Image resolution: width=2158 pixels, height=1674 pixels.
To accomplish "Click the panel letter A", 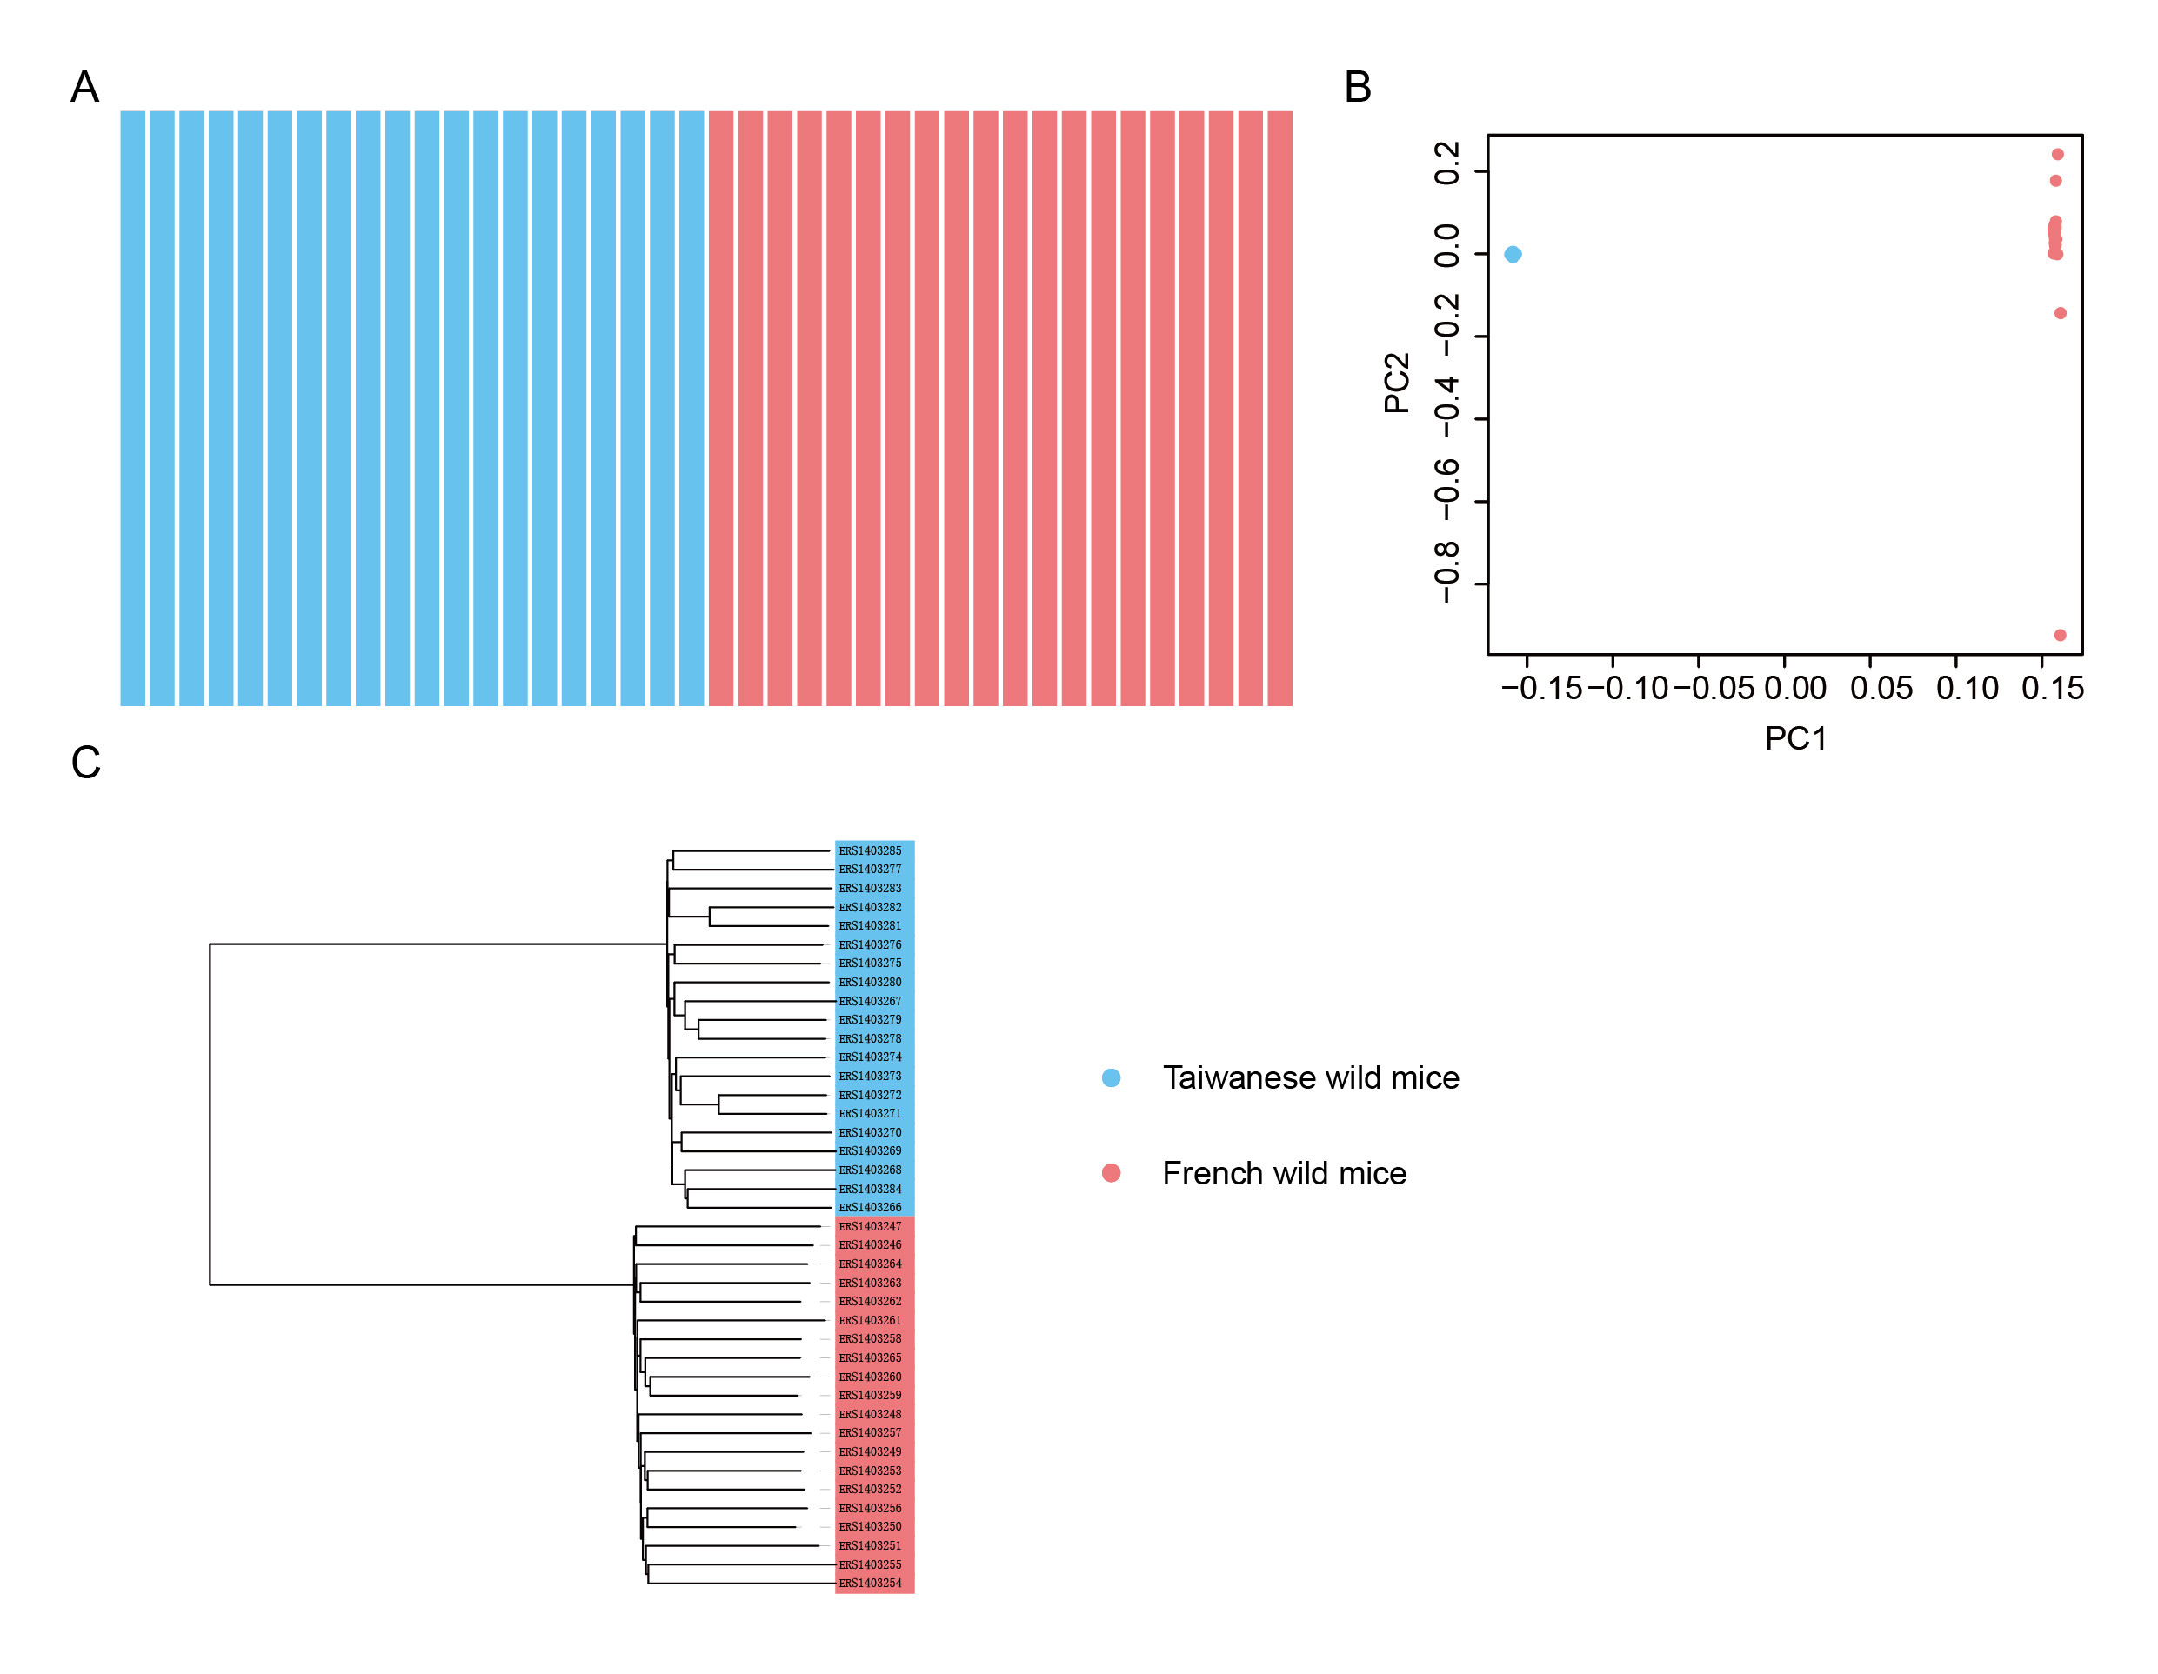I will (85, 87).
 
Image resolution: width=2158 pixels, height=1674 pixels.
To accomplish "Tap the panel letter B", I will (1358, 87).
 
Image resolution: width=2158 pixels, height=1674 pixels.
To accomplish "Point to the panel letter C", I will (86, 763).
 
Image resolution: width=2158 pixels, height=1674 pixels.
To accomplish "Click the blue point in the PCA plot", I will (1513, 255).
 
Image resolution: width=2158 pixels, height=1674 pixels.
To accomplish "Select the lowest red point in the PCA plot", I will (2061, 635).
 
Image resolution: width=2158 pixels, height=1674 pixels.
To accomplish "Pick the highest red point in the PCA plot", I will (2058, 154).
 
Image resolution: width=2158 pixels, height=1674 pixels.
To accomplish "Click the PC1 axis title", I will (1795, 738).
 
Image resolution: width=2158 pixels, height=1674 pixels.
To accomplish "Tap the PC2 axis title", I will (1397, 383).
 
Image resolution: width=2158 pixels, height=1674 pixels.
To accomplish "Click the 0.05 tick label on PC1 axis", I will (1881, 689).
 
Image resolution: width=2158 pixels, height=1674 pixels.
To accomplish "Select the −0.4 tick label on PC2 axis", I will (1446, 407).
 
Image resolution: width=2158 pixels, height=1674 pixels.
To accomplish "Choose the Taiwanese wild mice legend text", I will (1310, 1077).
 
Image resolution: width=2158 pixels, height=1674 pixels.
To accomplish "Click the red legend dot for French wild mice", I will (1111, 1173).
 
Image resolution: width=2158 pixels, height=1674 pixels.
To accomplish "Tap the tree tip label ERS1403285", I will (870, 851).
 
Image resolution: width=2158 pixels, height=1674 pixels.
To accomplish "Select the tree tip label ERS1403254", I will (870, 1584).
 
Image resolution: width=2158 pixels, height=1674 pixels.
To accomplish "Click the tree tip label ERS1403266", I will (870, 1208).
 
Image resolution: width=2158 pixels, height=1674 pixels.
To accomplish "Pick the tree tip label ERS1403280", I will (870, 983).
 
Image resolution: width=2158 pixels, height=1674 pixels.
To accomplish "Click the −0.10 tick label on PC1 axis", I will (1627, 689).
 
